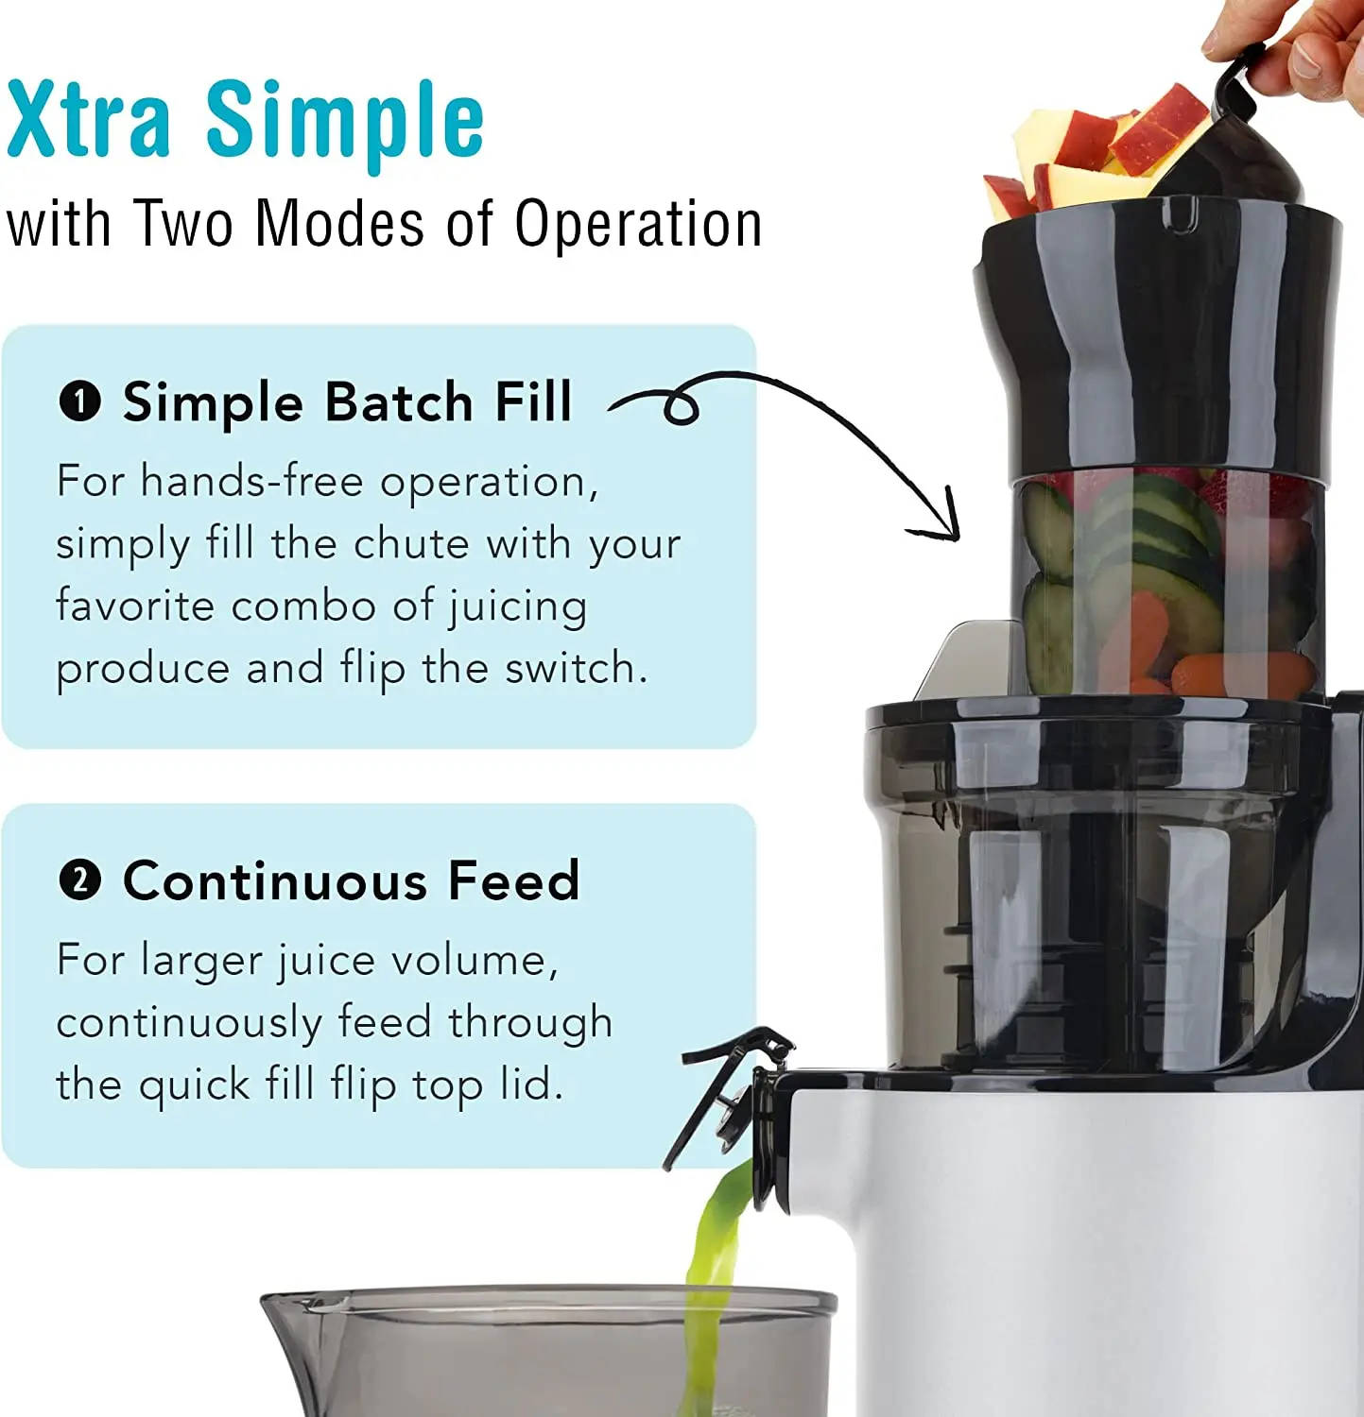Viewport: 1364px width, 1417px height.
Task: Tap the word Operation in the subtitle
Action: (x=638, y=225)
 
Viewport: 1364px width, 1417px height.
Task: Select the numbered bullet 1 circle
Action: (x=79, y=402)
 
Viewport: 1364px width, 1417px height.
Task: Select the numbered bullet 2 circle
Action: (x=79, y=881)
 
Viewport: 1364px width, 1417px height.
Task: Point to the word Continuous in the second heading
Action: (x=275, y=881)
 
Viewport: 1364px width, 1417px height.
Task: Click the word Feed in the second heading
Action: (x=513, y=881)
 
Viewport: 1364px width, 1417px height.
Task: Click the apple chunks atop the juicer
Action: (x=1096, y=151)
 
